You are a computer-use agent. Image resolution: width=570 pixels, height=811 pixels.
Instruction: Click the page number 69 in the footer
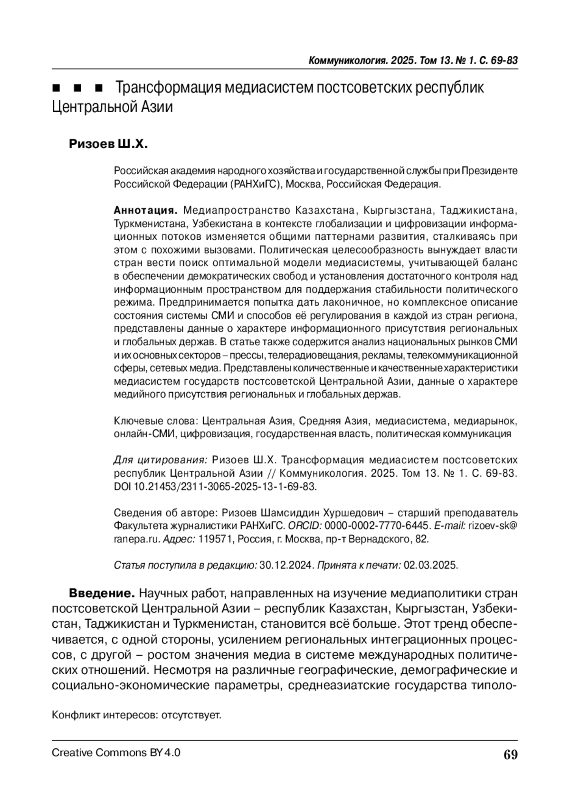511,754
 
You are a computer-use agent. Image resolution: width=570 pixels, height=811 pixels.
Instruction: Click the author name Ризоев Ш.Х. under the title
109,144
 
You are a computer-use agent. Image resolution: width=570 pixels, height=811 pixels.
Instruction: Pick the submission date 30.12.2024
286,566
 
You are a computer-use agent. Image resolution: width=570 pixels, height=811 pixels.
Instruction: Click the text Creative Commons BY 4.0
116,753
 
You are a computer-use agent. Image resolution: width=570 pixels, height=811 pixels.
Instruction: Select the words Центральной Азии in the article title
112,107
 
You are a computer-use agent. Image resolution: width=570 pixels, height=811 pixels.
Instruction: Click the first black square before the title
56,88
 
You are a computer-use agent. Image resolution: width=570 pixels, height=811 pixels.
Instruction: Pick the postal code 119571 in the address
215,539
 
